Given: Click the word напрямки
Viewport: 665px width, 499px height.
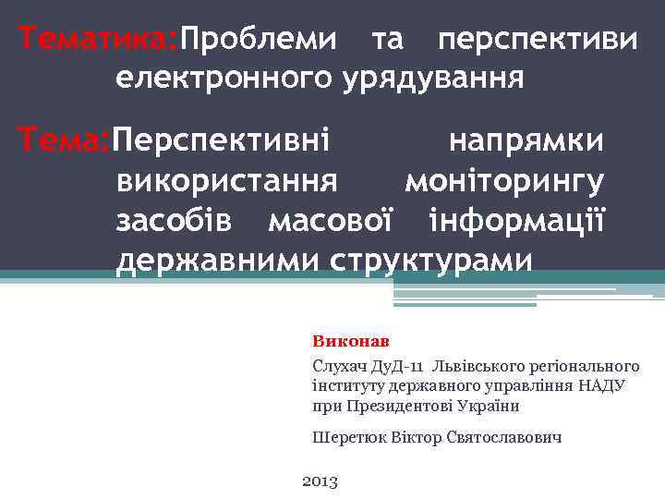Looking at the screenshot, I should click(526, 141).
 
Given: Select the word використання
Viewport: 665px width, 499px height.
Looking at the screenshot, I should click(226, 181).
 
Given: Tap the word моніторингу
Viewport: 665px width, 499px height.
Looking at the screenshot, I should click(504, 181).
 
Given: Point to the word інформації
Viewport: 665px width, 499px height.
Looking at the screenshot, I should click(516, 221).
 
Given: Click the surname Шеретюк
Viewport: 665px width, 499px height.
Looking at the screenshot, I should click(346, 437).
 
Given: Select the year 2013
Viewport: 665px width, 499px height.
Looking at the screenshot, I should click(320, 481).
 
